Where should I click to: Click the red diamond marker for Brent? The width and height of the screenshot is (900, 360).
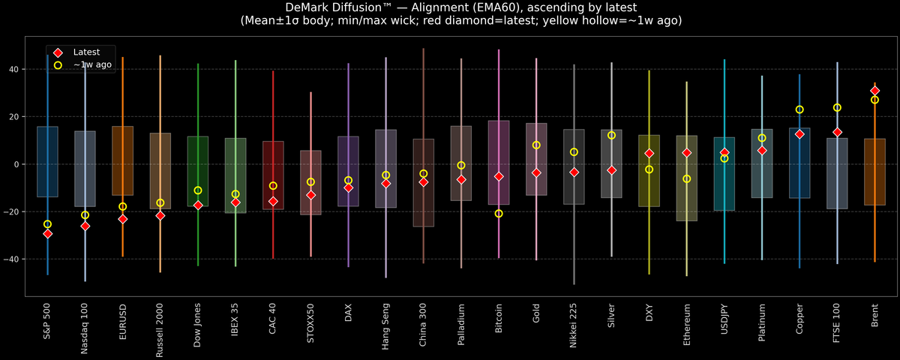(x=874, y=91)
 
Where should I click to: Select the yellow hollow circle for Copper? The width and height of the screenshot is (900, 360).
(x=799, y=109)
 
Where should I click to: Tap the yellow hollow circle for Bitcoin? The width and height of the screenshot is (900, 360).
(x=499, y=214)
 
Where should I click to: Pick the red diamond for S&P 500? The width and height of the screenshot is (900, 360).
(x=47, y=234)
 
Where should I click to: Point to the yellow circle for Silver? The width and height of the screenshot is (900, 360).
(x=611, y=135)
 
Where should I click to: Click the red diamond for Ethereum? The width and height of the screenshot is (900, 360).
(x=686, y=153)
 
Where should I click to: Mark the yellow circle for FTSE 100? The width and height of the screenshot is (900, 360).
(x=837, y=108)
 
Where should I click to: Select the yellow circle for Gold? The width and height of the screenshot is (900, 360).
(x=536, y=145)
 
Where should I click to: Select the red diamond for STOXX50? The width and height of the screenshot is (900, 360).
(x=310, y=195)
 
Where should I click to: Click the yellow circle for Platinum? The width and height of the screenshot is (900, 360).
(x=762, y=138)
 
